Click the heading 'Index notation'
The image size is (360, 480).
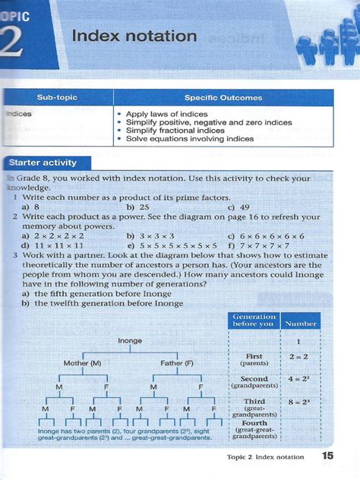(134, 36)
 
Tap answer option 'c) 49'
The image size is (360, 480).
(237, 206)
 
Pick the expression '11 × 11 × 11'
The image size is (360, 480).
(53, 245)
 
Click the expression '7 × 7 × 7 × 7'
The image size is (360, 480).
(263, 245)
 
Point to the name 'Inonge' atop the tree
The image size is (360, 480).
(130, 341)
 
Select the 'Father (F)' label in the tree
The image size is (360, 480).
(178, 363)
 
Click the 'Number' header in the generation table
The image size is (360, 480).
(300, 323)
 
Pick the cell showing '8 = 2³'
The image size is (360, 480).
(301, 405)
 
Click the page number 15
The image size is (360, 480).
(327, 456)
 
